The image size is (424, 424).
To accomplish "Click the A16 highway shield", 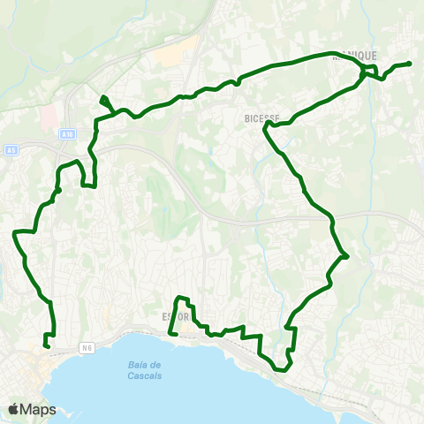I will click(x=68, y=133).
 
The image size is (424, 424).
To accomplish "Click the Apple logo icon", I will click(x=14, y=409).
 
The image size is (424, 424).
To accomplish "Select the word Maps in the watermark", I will click(x=39, y=409).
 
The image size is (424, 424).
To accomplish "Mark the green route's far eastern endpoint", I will click(x=412, y=64).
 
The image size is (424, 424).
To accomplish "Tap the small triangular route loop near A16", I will click(x=105, y=102).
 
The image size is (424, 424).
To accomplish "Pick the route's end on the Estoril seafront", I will click(x=171, y=334).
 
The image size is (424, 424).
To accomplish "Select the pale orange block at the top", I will click(x=167, y=54).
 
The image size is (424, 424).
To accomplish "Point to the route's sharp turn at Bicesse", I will click(x=265, y=125).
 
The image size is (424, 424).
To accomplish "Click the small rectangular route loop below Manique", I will click(x=371, y=71).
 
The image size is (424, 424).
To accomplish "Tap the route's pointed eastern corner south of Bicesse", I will click(x=348, y=257).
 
